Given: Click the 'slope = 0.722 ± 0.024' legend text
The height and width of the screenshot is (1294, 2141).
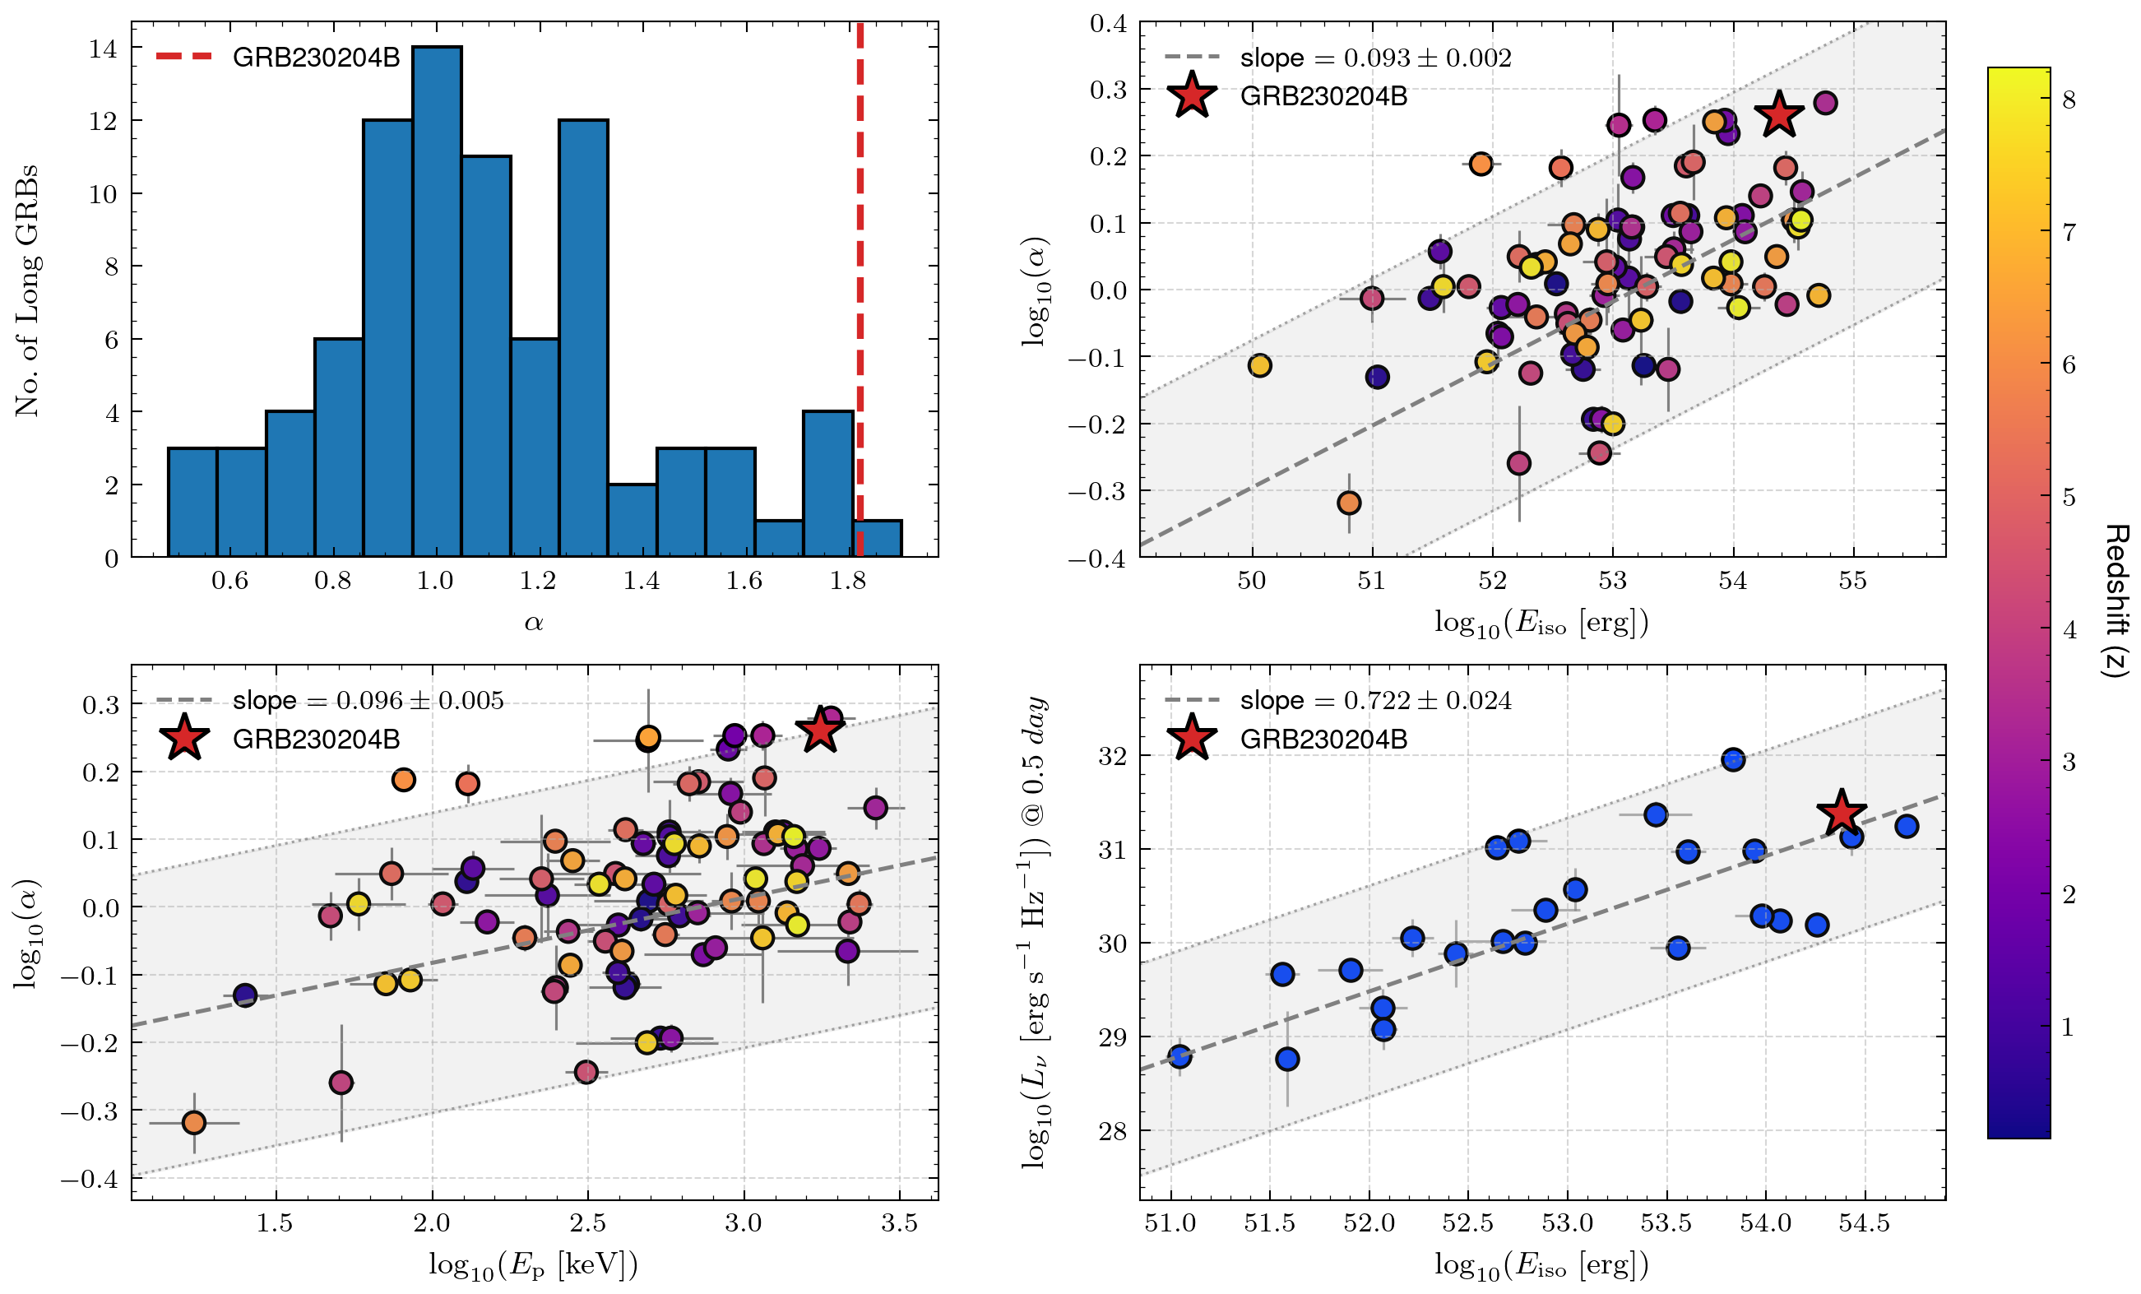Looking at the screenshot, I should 1375,700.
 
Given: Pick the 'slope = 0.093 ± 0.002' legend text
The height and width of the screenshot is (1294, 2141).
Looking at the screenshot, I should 1375,58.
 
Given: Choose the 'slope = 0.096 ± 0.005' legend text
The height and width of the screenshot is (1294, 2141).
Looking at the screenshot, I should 368,700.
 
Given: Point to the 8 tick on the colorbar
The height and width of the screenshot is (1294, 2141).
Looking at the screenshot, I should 2069,100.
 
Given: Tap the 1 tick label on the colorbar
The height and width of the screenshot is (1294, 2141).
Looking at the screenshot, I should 2069,1027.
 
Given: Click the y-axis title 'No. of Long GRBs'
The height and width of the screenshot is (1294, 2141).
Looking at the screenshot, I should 27,290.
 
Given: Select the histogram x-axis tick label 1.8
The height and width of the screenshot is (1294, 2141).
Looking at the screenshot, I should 847,581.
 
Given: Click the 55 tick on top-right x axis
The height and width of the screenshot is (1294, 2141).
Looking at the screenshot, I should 1852,581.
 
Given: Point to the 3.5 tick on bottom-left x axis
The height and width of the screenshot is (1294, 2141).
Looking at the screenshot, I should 899,1223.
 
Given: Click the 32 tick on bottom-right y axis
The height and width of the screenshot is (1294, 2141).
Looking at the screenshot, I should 1112,755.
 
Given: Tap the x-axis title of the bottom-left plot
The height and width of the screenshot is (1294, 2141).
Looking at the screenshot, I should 534,1265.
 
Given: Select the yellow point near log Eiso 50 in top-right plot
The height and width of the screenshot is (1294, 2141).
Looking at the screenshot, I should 1260,365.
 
